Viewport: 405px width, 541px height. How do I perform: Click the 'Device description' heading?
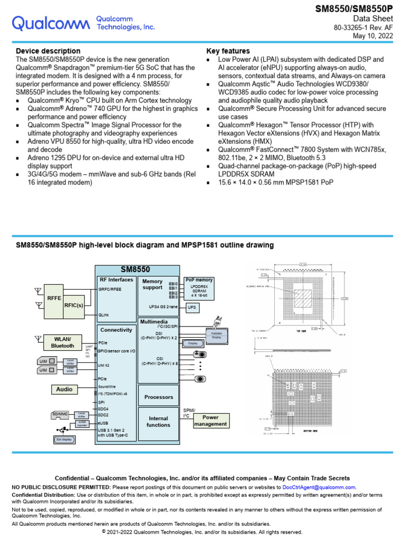click(48, 51)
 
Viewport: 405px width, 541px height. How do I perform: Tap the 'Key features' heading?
click(228, 51)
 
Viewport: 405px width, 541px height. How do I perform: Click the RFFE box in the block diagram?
click(54, 298)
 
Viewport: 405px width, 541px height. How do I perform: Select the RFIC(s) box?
click(73, 305)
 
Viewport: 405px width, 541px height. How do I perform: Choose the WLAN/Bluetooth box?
click(62, 342)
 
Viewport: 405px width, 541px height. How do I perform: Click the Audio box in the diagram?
click(62, 389)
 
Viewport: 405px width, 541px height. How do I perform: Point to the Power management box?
click(210, 421)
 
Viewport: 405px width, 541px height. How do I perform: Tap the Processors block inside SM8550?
click(158, 397)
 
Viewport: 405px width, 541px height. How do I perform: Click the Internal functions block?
click(158, 422)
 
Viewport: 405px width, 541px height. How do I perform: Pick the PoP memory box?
click(199, 288)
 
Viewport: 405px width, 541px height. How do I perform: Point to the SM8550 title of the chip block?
click(136, 269)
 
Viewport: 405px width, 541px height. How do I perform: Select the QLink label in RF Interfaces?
click(104, 314)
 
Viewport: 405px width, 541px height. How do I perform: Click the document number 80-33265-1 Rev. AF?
click(364, 27)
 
